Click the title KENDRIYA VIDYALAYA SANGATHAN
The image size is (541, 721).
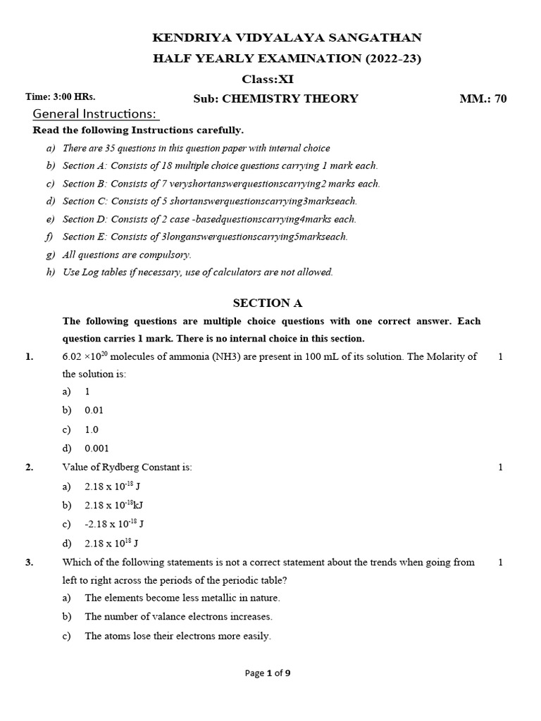point(287,38)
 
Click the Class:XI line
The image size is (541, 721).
point(268,80)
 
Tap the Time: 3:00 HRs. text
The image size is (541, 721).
point(61,96)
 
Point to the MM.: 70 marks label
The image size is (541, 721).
point(483,99)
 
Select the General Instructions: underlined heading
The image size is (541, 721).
point(96,114)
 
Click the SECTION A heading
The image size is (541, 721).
point(268,303)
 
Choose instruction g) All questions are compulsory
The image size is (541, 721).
point(127,255)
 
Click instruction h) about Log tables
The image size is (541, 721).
point(197,272)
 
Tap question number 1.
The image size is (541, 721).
point(29,357)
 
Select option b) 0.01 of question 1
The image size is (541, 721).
point(94,410)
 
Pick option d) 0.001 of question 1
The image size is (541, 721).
point(97,448)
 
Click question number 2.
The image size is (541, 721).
point(29,468)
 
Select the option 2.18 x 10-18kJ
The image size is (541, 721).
point(114,505)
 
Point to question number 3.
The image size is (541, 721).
point(29,563)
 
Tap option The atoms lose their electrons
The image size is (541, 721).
point(178,636)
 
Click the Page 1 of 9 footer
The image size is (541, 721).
point(268,673)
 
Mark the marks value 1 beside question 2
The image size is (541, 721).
point(500,468)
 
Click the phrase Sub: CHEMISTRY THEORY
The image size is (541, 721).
point(275,99)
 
